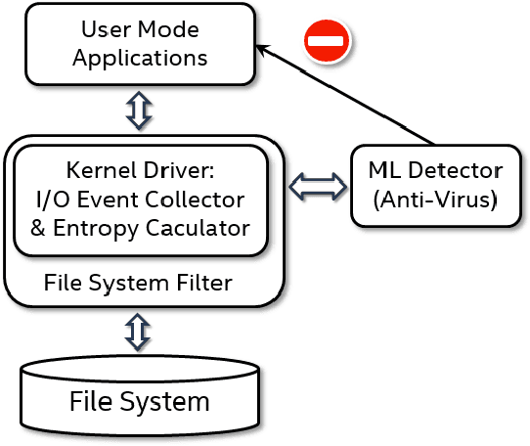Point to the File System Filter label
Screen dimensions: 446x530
tap(138, 285)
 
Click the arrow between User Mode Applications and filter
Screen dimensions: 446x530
tap(139, 111)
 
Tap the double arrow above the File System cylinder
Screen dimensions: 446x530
tap(139, 332)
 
